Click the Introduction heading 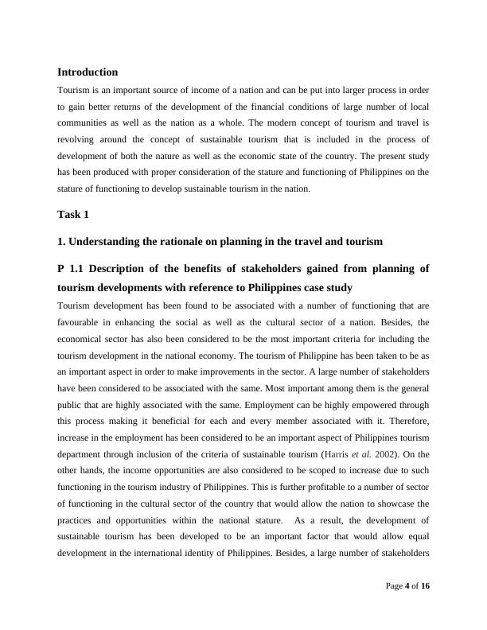88,72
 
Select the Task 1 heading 73,215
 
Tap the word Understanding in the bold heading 107,241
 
